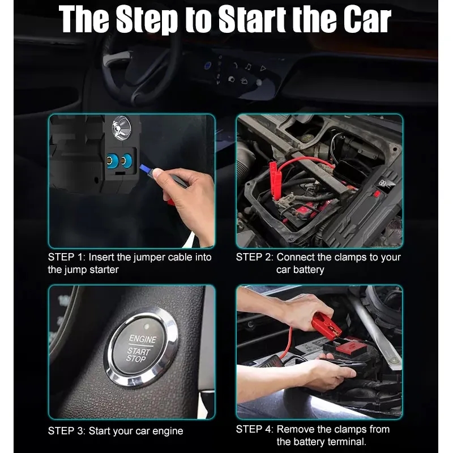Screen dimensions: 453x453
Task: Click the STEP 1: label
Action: click(x=67, y=257)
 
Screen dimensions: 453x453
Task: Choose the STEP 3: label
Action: click(x=67, y=431)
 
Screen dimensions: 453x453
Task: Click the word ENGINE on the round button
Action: click(x=143, y=339)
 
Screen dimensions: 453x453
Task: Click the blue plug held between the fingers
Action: click(x=149, y=170)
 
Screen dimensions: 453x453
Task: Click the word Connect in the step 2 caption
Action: click(x=296, y=257)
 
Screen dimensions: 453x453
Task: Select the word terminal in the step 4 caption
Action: click(x=345, y=442)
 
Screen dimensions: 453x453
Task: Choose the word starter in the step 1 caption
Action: click(x=102, y=270)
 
